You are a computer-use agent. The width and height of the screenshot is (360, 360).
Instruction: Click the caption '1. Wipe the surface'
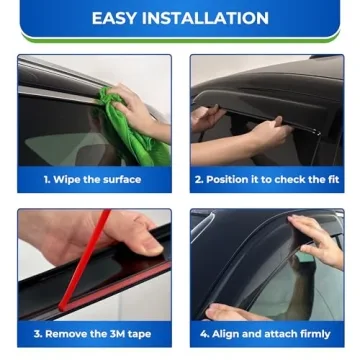[92, 180]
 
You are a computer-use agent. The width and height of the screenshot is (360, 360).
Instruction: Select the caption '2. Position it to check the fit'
[266, 180]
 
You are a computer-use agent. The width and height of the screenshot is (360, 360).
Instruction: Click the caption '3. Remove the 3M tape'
[92, 334]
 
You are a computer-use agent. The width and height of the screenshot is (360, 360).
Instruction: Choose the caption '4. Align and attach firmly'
[266, 334]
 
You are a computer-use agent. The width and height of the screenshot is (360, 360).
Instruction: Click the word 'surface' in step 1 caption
[120, 180]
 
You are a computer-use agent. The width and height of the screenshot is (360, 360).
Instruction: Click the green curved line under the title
[180, 41]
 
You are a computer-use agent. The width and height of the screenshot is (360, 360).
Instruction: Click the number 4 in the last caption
[203, 334]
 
